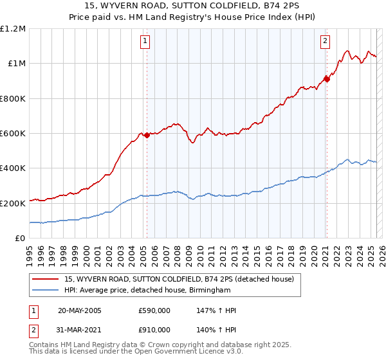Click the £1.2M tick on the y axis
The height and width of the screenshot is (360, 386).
tap(12, 29)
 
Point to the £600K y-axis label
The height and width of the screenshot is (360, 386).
tap(12, 134)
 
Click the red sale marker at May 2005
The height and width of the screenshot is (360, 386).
tap(147, 135)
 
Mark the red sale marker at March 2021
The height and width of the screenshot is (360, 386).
tap(327, 79)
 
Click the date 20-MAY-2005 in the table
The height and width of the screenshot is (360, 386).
tap(80, 310)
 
